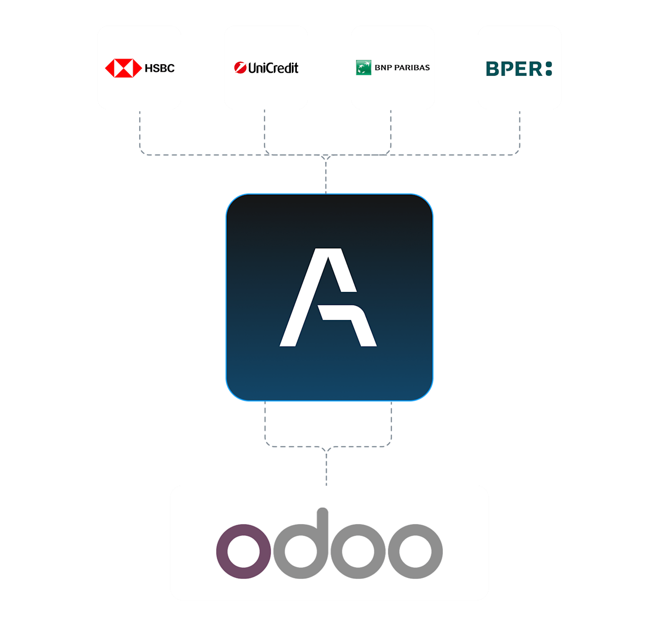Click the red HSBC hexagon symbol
(123, 68)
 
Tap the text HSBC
(159, 68)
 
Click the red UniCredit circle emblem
(240, 68)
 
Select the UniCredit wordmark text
(273, 68)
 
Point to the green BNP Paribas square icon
(363, 68)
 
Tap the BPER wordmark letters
(514, 69)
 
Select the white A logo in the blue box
(328, 297)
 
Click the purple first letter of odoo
(244, 551)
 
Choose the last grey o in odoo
(415, 551)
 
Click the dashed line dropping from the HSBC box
(139, 130)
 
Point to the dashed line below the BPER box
(520, 130)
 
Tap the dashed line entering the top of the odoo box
(326, 469)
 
